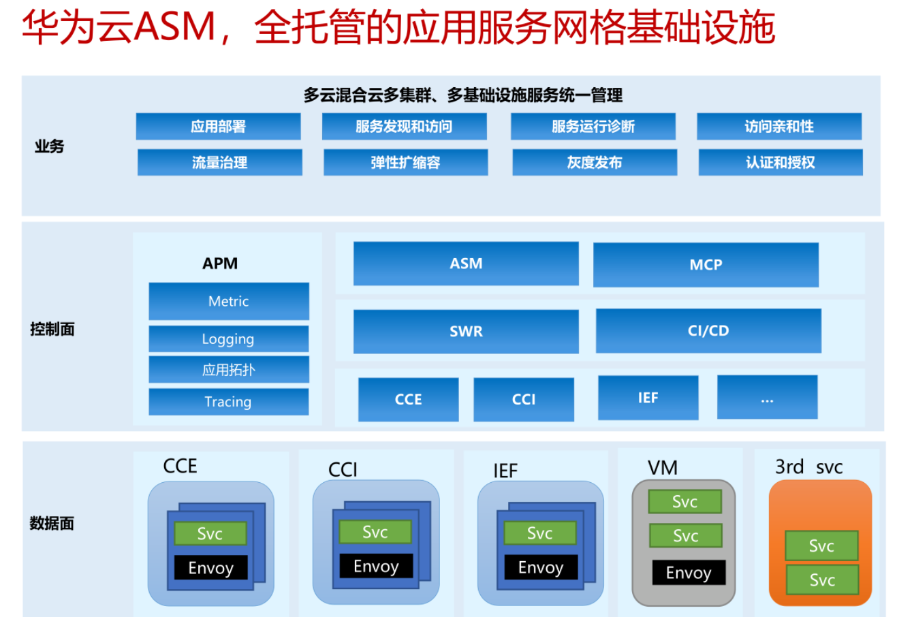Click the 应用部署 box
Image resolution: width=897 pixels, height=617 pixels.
click(x=218, y=127)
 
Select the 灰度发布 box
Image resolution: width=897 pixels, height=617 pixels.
click(x=595, y=163)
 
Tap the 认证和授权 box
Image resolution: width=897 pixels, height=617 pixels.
click(x=781, y=163)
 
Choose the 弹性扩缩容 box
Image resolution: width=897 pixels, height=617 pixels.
click(x=406, y=163)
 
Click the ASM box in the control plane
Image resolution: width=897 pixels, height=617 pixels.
click(x=466, y=264)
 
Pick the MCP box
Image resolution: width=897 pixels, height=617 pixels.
click(x=706, y=265)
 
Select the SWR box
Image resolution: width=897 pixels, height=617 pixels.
click(x=466, y=331)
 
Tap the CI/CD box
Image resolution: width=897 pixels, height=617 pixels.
click(x=708, y=331)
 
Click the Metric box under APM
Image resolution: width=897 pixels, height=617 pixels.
click(x=229, y=301)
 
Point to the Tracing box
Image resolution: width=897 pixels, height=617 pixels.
click(x=229, y=402)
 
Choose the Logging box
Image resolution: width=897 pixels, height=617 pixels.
click(x=229, y=338)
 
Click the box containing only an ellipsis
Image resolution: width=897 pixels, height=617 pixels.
click(x=768, y=397)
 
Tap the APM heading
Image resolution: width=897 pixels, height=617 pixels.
click(x=220, y=264)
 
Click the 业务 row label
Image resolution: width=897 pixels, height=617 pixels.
click(x=49, y=146)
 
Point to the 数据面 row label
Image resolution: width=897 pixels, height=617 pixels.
click(x=52, y=523)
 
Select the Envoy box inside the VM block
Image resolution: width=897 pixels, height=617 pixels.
click(x=689, y=573)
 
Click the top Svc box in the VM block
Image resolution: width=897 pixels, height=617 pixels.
click(x=685, y=501)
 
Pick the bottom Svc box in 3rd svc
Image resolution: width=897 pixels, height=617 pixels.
click(x=822, y=580)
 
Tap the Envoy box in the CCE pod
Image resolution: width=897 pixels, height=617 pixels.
click(x=211, y=567)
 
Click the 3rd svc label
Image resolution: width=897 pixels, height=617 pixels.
click(x=809, y=467)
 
